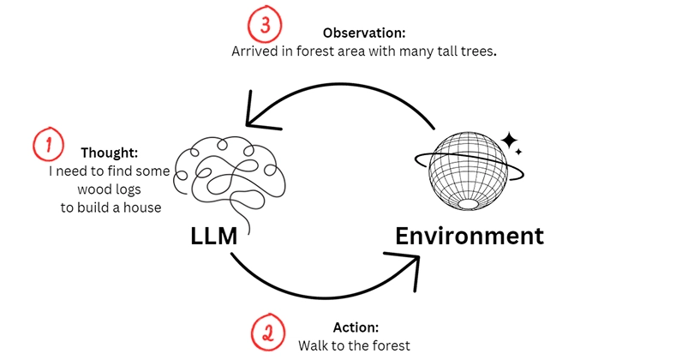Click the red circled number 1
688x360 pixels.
click(48, 144)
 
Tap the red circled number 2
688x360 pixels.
click(268, 333)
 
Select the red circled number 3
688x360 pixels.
click(265, 24)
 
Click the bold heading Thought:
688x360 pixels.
click(110, 153)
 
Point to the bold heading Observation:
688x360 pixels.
click(364, 33)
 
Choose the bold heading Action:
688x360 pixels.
click(356, 327)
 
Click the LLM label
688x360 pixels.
click(213, 237)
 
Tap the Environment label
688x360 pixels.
click(470, 237)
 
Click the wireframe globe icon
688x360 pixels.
click(469, 171)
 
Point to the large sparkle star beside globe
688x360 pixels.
click(510, 141)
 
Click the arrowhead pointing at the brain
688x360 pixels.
click(259, 115)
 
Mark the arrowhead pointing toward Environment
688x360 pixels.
click(406, 267)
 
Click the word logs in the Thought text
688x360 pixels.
click(129, 189)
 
